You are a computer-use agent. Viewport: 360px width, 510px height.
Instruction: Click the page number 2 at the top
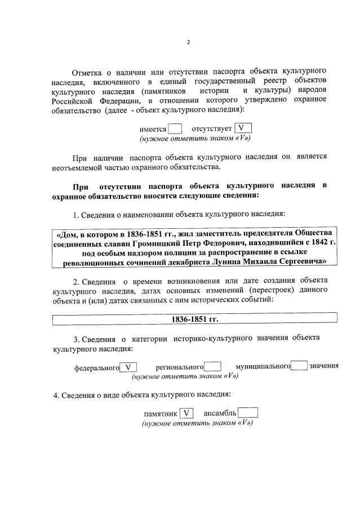(x=189, y=43)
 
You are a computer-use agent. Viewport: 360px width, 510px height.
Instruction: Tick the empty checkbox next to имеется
(x=175, y=128)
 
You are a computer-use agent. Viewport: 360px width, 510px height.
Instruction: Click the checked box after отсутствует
(x=241, y=128)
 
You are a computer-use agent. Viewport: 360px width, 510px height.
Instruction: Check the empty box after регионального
(x=212, y=366)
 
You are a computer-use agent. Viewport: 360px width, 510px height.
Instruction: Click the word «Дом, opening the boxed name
(x=69, y=232)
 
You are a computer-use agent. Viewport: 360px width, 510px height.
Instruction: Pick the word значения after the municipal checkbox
(x=324, y=366)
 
